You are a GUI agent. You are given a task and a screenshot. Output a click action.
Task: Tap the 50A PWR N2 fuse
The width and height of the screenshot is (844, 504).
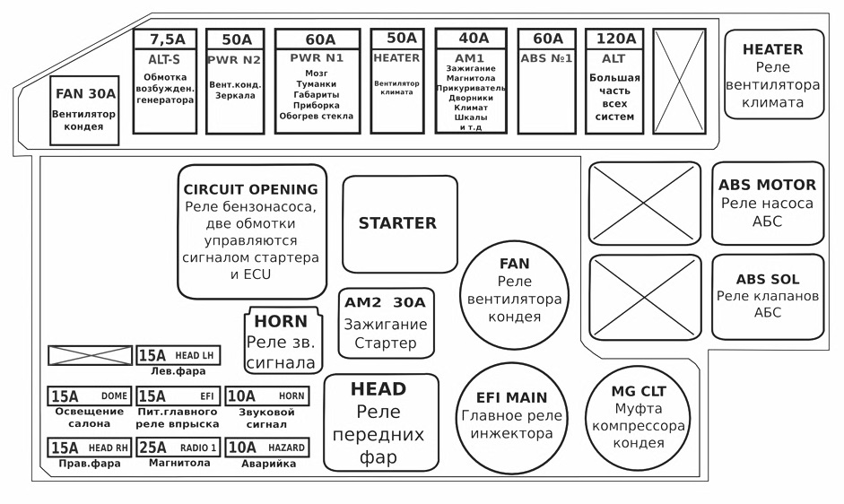pos(236,82)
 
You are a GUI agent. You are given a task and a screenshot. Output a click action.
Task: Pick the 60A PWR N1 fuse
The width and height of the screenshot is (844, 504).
pos(318,82)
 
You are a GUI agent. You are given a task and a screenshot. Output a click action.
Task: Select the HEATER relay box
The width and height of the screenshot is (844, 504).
pos(775,74)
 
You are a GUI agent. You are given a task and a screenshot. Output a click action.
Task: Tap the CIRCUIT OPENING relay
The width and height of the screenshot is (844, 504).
pos(250,230)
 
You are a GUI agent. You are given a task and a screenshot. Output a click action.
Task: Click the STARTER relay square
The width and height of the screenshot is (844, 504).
pos(400,223)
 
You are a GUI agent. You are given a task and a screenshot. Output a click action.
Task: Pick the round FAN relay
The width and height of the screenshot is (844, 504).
pos(514,296)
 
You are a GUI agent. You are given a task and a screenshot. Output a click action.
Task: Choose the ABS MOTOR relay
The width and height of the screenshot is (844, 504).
pos(768,203)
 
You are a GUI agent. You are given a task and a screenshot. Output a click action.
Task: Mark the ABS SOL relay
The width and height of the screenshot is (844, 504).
pos(768,296)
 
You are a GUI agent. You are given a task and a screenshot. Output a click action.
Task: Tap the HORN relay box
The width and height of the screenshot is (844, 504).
pos(281,342)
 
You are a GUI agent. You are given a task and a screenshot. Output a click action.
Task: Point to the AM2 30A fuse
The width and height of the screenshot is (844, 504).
pos(386,323)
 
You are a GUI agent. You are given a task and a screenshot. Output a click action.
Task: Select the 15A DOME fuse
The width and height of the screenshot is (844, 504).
pos(89,395)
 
